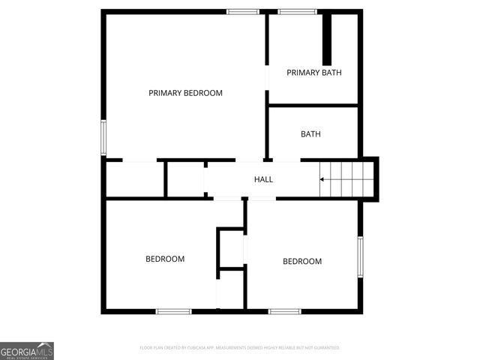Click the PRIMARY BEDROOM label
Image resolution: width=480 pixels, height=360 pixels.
coord(185,93)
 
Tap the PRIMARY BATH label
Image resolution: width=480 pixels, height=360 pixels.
coord(314,73)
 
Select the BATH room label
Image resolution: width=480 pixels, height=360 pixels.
coord(310,134)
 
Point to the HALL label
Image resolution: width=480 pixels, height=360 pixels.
coord(263,179)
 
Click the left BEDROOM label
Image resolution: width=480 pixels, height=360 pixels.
coord(165,259)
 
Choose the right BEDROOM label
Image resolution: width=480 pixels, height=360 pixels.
coord(302,261)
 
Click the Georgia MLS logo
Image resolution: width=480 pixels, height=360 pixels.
coord(27,350)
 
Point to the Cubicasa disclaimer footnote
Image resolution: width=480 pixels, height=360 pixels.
coord(240,348)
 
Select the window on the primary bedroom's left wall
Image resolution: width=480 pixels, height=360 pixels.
coord(104,136)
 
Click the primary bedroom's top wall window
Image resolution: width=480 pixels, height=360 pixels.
coord(243,11)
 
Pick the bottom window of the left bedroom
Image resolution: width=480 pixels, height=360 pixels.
coord(174,310)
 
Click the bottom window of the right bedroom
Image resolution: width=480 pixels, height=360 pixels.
coord(285,310)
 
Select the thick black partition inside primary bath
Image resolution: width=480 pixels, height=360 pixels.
coord(327,38)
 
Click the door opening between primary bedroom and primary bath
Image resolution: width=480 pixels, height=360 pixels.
coord(267,77)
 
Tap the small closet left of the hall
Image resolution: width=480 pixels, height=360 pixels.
coord(184,179)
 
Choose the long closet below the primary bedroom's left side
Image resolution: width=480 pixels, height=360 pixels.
coord(135,179)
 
